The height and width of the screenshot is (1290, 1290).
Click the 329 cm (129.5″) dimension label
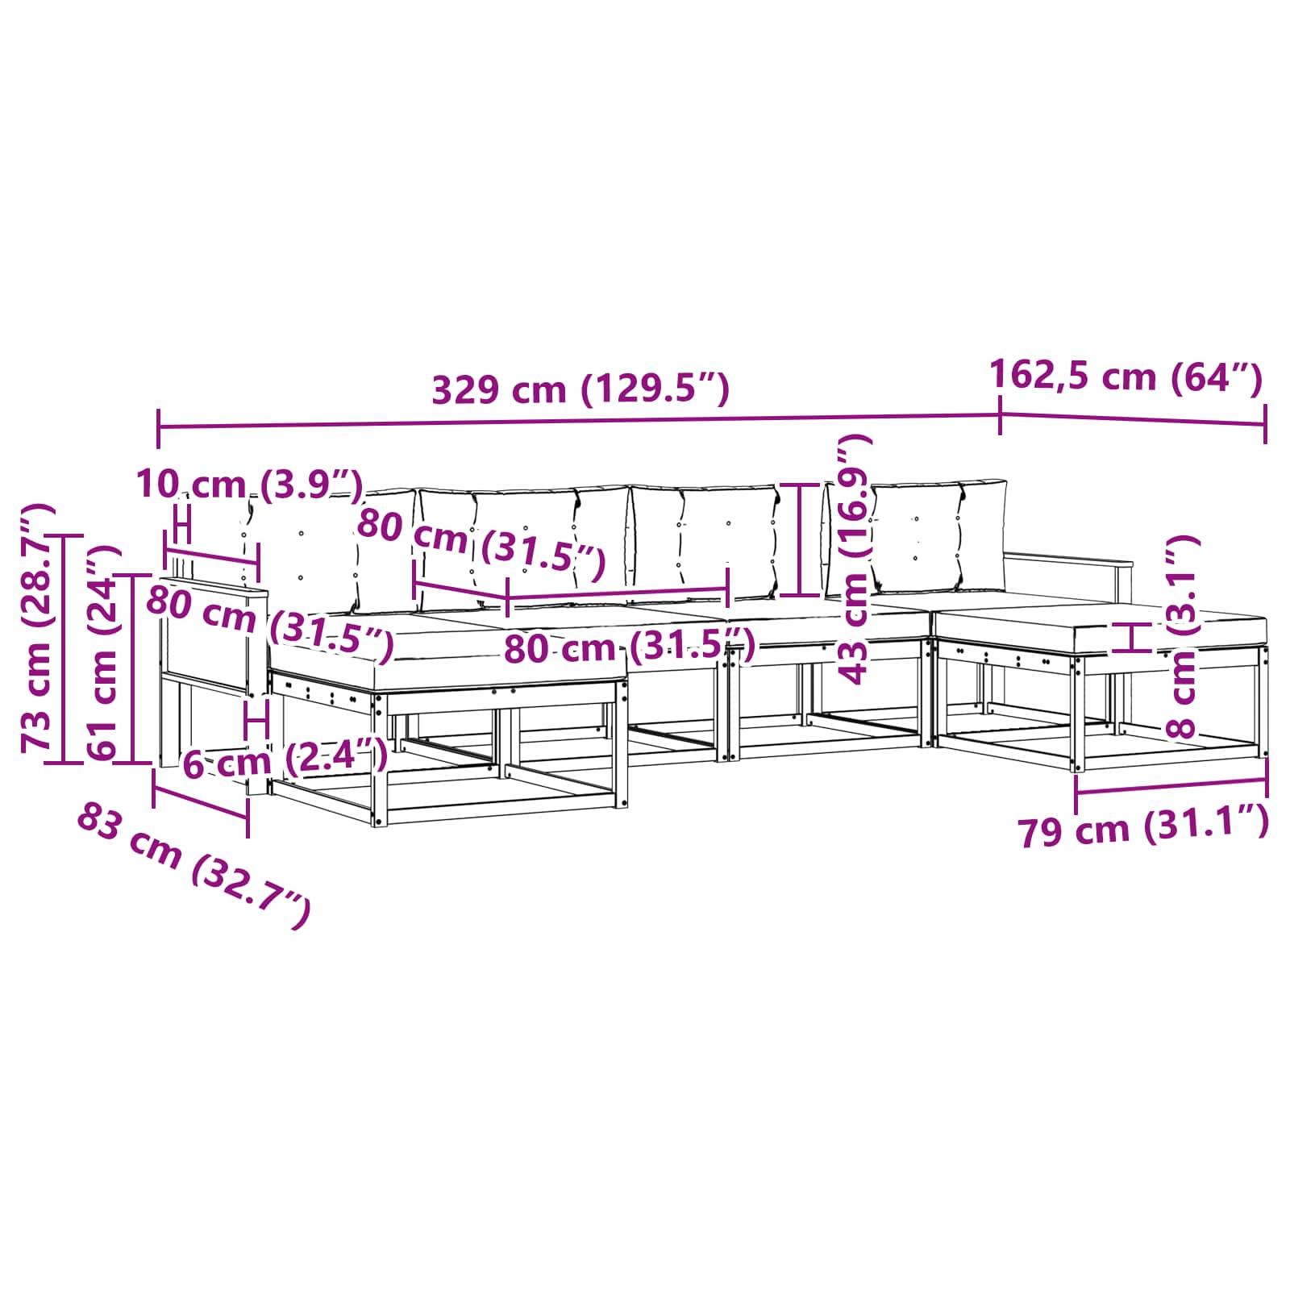coord(580,389)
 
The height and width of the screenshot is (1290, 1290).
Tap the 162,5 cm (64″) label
coord(1125,376)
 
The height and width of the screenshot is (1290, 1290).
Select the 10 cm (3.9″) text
coord(250,484)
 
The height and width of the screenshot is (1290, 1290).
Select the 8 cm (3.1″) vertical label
coord(1183,637)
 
